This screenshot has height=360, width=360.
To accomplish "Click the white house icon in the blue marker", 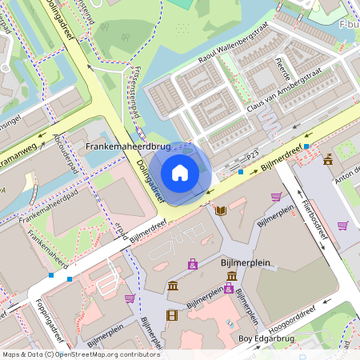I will [x=180, y=173].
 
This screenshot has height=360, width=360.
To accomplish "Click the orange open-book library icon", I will [x=221, y=210].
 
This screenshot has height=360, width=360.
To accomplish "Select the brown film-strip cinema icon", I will [x=171, y=314].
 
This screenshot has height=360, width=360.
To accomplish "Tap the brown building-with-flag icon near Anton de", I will [x=328, y=160].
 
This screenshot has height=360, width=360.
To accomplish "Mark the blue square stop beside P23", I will [x=241, y=170].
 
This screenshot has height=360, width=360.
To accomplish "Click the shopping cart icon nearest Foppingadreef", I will [x=130, y=298].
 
